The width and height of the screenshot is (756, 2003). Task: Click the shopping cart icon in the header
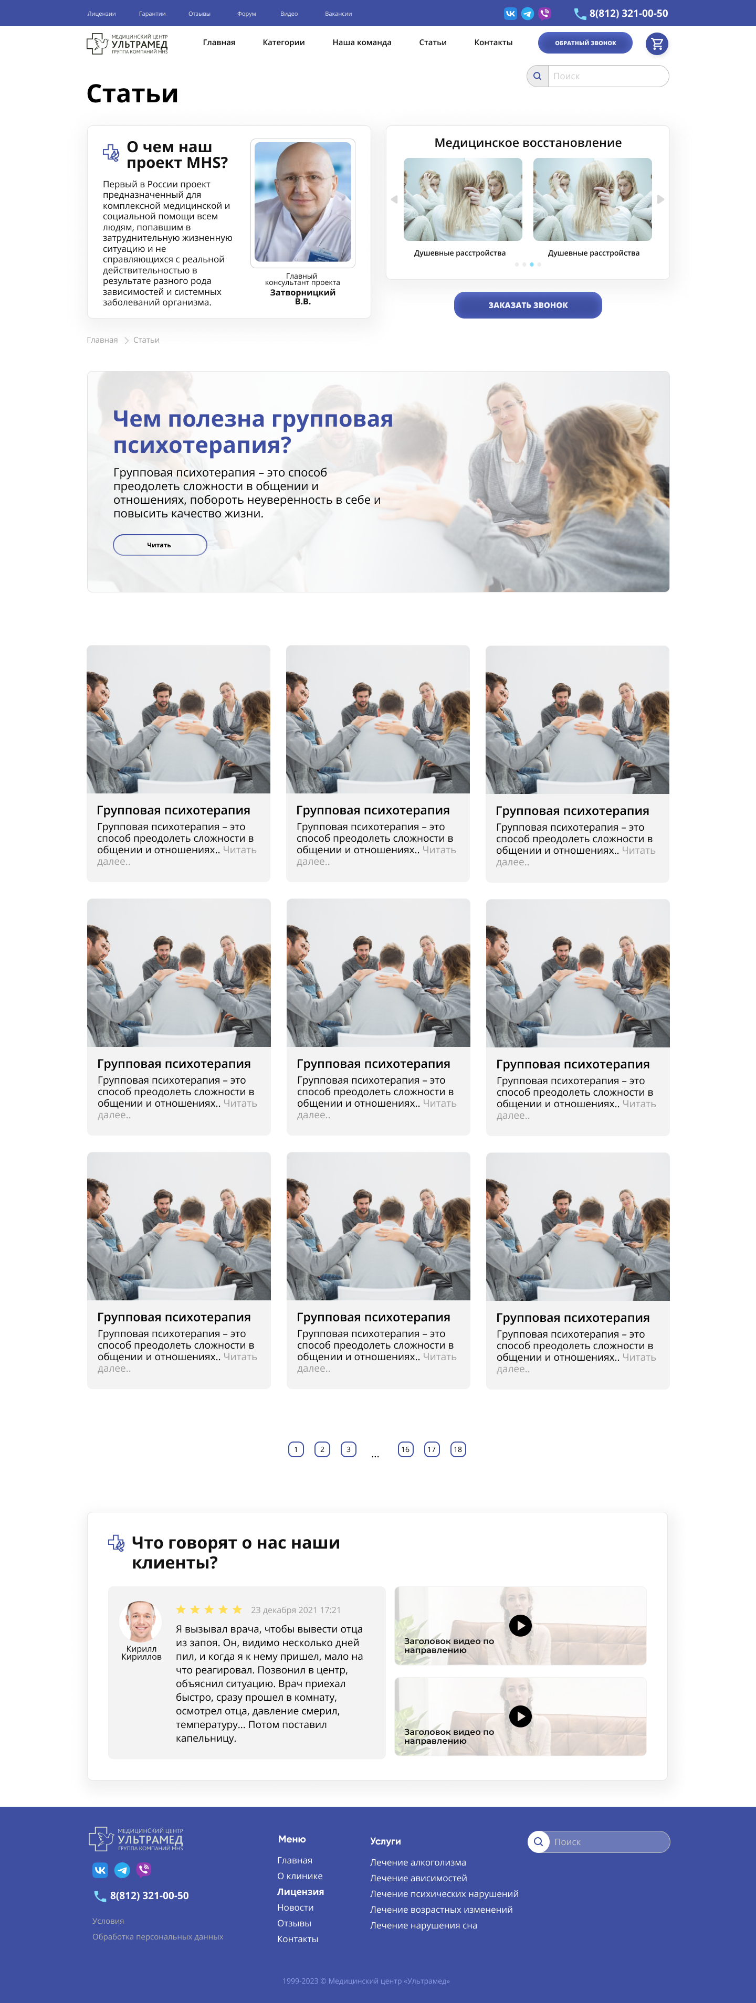pyautogui.click(x=657, y=44)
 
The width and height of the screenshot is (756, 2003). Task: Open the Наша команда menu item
pyautogui.click(x=362, y=43)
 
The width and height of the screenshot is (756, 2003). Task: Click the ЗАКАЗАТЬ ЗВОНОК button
pyautogui.click(x=528, y=305)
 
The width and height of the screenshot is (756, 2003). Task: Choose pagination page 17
pyautogui.click(x=432, y=1449)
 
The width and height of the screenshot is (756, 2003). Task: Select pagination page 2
pyautogui.click(x=322, y=1449)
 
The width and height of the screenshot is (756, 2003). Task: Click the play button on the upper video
pyautogui.click(x=520, y=1625)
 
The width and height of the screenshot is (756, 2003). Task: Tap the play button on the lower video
pyautogui.click(x=520, y=1716)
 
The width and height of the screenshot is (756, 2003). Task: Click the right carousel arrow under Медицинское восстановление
pyautogui.click(x=660, y=199)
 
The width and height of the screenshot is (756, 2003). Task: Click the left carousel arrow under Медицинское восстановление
pyautogui.click(x=394, y=199)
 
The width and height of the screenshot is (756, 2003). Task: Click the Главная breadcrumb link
pyautogui.click(x=102, y=340)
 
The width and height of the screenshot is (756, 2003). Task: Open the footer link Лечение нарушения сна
pyautogui.click(x=424, y=1925)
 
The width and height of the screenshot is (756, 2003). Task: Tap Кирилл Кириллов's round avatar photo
pyautogui.click(x=141, y=1621)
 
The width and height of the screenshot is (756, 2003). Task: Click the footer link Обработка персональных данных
pyautogui.click(x=158, y=1937)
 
